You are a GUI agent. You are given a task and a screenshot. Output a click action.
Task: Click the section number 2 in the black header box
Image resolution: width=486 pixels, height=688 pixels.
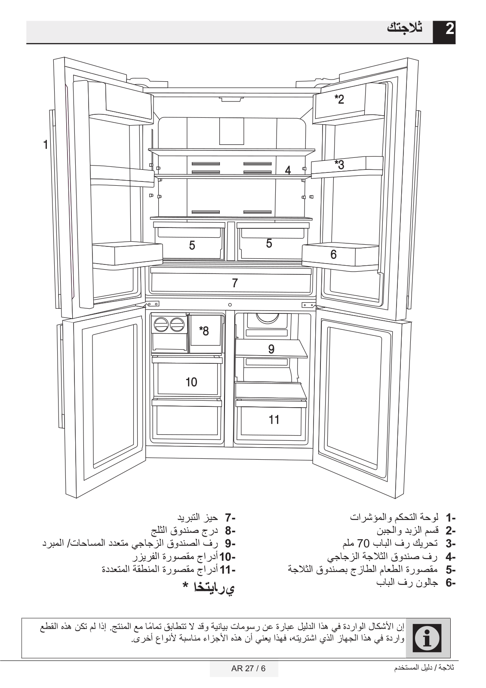coord(449,30)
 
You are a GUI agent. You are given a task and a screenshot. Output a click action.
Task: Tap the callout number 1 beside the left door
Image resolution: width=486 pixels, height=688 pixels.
coord(45,144)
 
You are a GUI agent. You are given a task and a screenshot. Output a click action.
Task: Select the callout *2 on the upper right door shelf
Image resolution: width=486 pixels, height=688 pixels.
coord(339,99)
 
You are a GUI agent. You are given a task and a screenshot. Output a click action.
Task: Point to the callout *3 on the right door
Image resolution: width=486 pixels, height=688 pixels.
coord(339,164)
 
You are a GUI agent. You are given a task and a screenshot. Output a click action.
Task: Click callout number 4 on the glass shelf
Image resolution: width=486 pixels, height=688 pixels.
coord(288,170)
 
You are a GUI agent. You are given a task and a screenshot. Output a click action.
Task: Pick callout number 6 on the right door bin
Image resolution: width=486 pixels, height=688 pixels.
coord(333,255)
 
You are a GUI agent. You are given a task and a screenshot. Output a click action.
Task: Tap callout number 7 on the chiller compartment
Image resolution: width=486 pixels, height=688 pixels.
coord(234,283)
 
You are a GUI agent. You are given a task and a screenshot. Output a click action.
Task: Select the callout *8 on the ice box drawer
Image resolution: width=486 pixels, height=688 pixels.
coord(203,331)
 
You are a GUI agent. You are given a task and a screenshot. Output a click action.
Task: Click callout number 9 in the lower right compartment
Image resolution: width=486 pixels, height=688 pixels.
coord(271,349)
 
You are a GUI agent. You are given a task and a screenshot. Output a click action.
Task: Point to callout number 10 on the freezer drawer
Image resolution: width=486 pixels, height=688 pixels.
coord(191,381)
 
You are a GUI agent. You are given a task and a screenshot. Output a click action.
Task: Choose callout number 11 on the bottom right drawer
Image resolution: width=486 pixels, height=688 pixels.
coord(274,419)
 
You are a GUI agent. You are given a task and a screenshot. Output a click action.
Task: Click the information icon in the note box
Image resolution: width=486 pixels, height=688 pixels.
coord(429,638)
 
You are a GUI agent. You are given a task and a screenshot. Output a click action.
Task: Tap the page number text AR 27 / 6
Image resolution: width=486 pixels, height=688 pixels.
coord(244,669)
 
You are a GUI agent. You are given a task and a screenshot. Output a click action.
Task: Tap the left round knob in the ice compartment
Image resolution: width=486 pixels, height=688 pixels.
coord(161,325)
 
